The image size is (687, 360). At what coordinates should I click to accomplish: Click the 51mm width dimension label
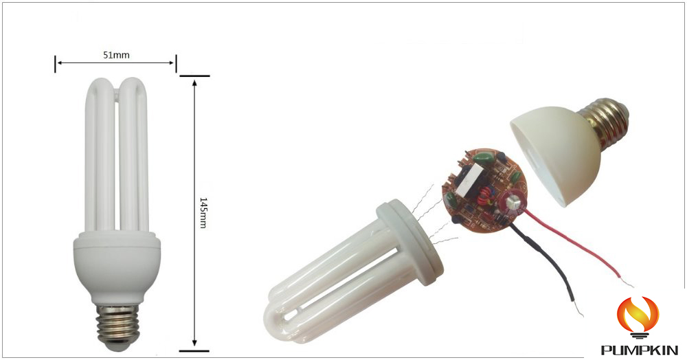pos(115,54)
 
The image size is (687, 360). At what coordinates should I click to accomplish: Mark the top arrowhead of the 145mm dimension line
pos(195,81)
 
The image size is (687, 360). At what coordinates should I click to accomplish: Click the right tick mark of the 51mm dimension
pos(176,63)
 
